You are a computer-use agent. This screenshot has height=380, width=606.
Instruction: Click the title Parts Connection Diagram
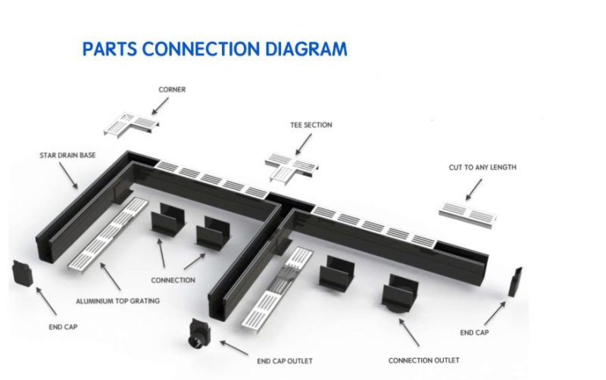pyautogui.click(x=214, y=50)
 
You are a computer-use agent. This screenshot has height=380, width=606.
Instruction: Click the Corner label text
pyautogui.click(x=172, y=89)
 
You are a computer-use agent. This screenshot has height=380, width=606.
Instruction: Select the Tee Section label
pyautogui.click(x=311, y=125)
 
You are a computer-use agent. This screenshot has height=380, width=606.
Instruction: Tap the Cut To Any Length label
pyautogui.click(x=482, y=167)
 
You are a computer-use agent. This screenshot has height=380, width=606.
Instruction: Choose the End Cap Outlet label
pyautogui.click(x=285, y=360)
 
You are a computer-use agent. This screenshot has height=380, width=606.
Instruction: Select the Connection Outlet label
pyautogui.click(x=423, y=360)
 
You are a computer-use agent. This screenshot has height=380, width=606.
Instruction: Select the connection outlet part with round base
pyautogui.click(x=398, y=294)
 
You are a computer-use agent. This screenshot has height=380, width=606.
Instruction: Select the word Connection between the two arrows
pyautogui.click(x=173, y=280)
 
